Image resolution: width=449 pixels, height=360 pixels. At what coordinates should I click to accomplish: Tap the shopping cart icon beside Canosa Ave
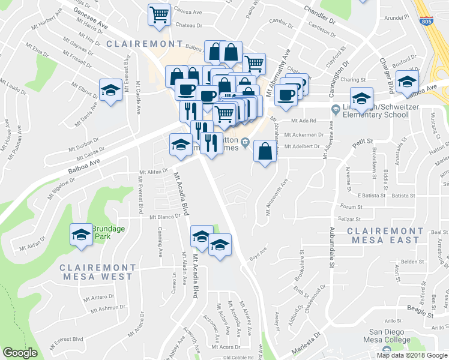point(158,14)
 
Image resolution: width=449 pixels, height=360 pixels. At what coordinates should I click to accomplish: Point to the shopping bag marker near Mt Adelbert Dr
point(265,151)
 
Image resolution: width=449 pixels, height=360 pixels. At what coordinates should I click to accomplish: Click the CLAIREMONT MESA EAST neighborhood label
point(385,235)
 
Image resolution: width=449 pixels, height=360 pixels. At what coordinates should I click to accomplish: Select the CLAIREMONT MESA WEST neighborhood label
point(96,272)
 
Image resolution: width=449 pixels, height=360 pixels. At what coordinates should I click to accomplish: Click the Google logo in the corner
point(20,353)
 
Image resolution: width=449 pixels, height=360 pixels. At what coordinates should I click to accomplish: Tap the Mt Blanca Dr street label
point(165,217)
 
